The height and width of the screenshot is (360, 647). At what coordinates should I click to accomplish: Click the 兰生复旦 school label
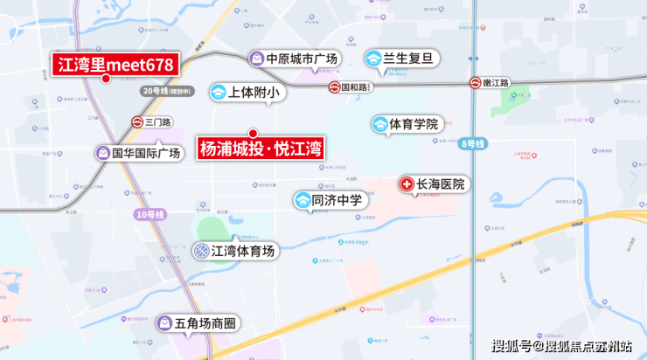click(409, 59)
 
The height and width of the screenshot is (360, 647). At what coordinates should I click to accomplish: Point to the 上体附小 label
click(252, 92)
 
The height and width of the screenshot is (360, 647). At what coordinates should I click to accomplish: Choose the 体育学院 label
click(414, 125)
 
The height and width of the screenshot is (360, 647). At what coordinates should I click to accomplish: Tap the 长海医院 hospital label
click(442, 184)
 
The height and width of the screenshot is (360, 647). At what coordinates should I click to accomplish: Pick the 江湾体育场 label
click(244, 252)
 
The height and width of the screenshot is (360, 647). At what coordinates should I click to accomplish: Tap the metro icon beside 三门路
click(138, 122)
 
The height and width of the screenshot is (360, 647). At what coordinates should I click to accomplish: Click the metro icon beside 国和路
click(334, 87)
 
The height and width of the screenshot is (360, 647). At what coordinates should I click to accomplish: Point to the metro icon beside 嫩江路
click(476, 83)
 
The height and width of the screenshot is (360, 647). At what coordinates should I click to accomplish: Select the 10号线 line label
click(150, 215)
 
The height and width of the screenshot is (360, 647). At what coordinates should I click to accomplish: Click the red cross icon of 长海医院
click(407, 184)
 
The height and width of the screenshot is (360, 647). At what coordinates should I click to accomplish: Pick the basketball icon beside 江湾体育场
click(201, 252)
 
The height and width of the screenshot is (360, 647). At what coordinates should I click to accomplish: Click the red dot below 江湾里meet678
click(106, 79)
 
